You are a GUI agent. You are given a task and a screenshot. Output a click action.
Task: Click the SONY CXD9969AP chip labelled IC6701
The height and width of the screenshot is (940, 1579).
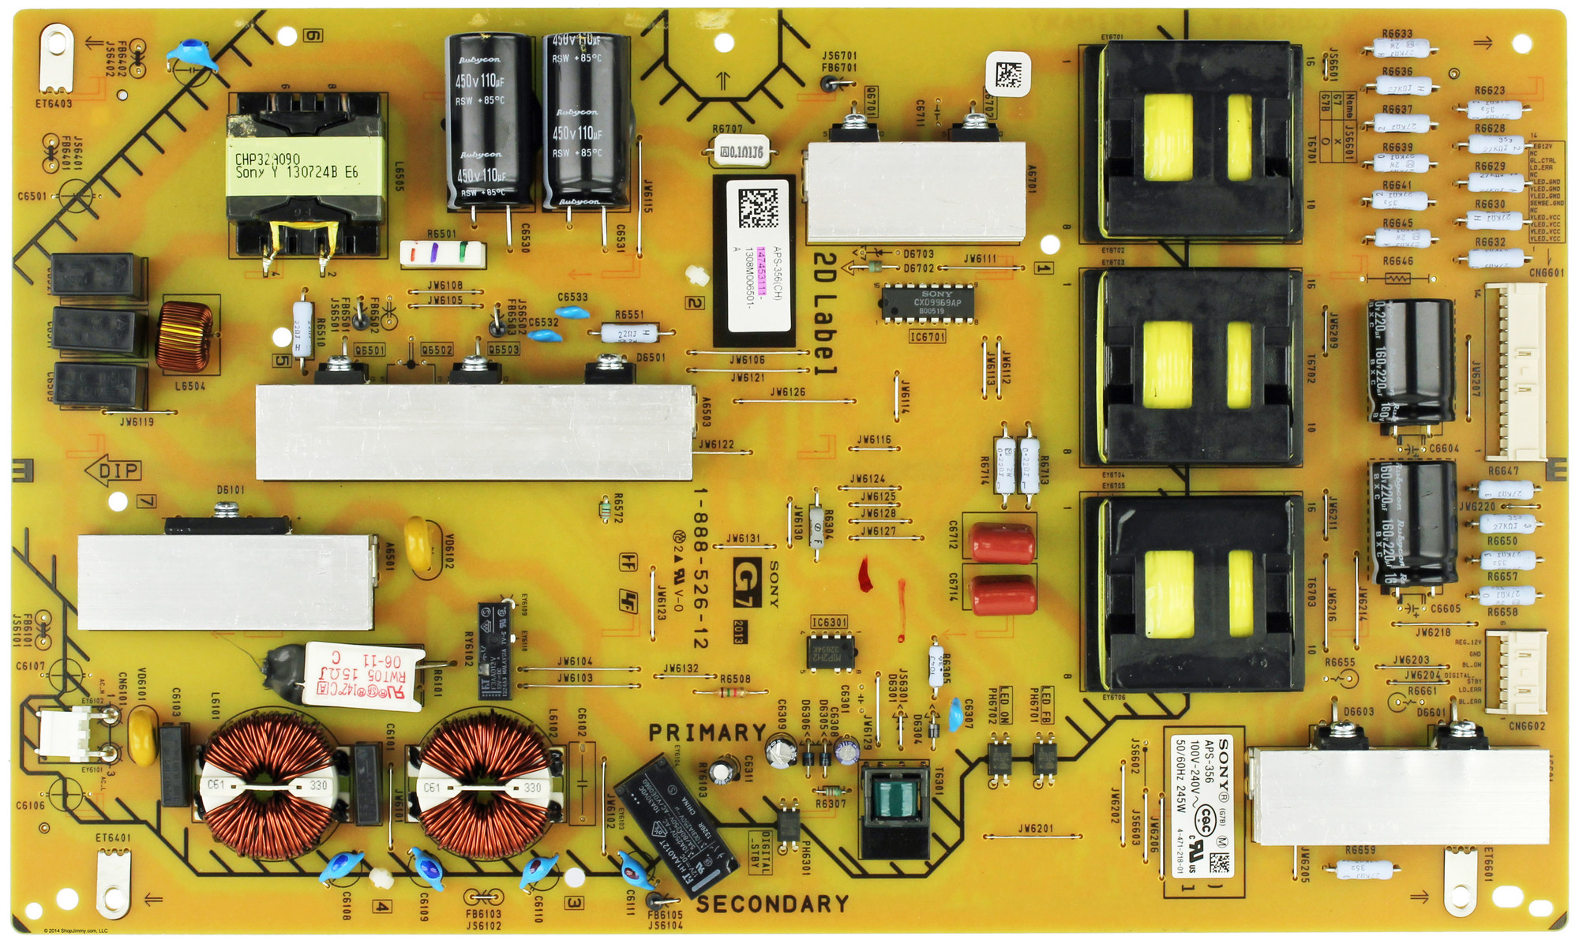[928, 302]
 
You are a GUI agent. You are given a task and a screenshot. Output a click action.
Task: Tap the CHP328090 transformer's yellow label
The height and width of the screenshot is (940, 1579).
[305, 166]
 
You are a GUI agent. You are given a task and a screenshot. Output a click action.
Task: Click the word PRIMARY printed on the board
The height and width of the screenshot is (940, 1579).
[707, 733]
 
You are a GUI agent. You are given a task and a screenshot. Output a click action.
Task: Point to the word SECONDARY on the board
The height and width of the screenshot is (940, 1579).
[772, 904]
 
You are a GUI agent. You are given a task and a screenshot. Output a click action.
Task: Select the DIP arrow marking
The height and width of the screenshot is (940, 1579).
[114, 471]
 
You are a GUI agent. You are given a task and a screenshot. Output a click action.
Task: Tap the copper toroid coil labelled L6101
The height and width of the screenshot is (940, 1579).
[264, 787]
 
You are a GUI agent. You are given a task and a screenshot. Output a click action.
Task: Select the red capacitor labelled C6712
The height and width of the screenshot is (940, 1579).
[1002, 543]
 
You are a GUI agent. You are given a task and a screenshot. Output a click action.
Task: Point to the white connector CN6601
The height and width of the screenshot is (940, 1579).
[1517, 371]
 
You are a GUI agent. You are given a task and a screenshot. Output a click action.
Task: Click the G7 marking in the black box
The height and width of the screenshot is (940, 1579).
[747, 582]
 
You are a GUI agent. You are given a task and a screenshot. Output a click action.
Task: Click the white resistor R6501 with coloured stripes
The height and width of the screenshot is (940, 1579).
[443, 253]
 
